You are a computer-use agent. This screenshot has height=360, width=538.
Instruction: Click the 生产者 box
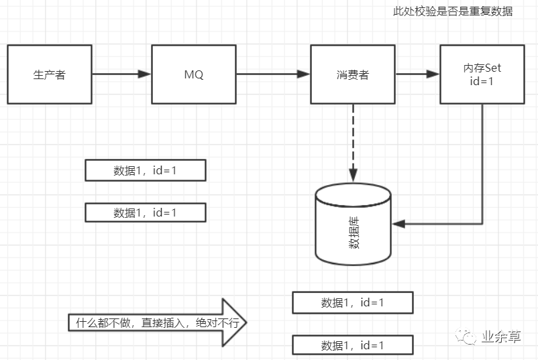tap(50, 74)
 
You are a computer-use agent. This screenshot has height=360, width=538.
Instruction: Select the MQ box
tap(194, 74)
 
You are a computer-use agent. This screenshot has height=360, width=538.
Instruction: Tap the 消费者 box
tap(352, 74)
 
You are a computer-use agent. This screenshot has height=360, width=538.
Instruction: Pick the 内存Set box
tap(482, 74)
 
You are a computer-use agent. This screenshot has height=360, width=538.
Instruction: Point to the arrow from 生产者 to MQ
tap(121, 74)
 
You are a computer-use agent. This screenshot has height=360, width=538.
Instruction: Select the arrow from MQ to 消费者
tap(273, 74)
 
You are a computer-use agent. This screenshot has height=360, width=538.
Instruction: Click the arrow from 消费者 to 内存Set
tap(417, 74)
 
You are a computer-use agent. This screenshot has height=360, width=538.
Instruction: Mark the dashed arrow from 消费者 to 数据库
tap(353, 141)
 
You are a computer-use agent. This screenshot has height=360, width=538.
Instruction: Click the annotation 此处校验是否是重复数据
tap(453, 12)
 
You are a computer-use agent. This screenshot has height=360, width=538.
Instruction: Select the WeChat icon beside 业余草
tap(464, 337)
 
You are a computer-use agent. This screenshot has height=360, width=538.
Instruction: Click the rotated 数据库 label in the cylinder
tap(354, 234)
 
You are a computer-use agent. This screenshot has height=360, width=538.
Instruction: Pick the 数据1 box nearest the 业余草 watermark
tap(352, 345)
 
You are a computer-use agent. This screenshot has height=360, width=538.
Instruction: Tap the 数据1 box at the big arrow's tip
tap(352, 302)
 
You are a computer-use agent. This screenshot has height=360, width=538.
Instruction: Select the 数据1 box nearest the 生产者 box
tap(145, 170)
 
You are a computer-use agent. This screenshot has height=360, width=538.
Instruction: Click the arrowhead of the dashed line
tap(353, 176)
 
